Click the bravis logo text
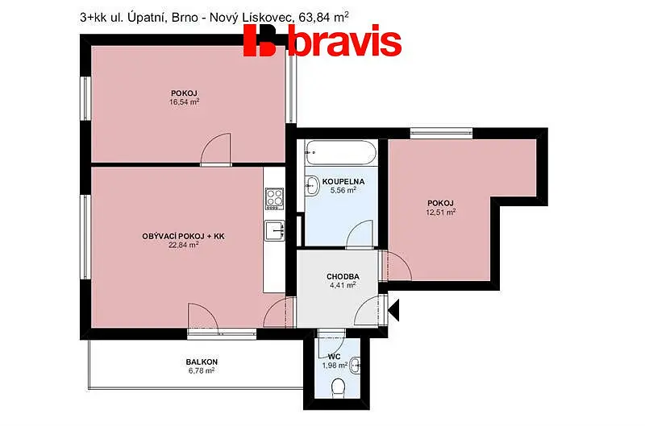[345, 40]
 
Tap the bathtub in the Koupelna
[341, 152]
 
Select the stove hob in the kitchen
[274, 199]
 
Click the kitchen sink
[274, 231]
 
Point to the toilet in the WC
[338, 388]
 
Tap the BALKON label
[202, 362]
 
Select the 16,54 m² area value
[185, 102]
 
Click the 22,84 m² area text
[184, 246]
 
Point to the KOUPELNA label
[343, 181]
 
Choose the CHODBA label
[343, 277]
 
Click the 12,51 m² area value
[440, 213]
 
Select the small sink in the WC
[355, 366]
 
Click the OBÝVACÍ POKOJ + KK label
[184, 237]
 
